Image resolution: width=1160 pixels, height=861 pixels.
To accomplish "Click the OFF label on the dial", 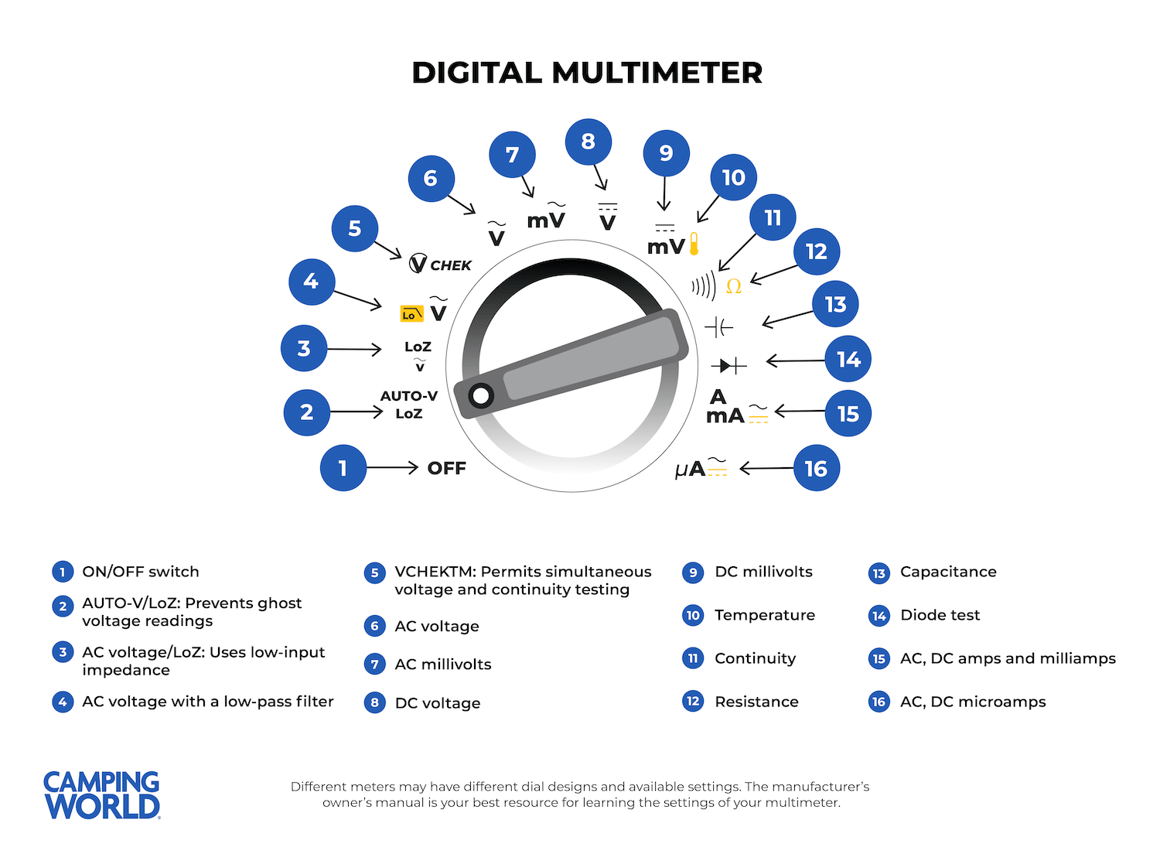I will tap(446, 468).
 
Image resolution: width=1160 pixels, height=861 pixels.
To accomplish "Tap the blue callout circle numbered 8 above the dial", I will tap(589, 142).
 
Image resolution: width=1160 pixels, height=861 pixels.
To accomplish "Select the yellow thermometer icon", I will tap(694, 244).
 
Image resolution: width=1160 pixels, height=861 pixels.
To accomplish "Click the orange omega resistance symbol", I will tap(734, 286).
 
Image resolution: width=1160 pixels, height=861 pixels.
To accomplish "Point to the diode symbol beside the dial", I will tap(728, 365).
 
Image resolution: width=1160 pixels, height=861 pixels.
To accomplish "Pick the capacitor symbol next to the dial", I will tap(718, 327).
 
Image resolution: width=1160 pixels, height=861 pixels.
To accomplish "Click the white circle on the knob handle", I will tap(481, 396).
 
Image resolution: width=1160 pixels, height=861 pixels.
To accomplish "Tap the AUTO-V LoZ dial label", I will tap(409, 405).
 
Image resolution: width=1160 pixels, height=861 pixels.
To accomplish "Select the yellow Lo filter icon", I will tap(411, 313).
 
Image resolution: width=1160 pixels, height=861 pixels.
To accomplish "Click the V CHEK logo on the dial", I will tap(440, 265).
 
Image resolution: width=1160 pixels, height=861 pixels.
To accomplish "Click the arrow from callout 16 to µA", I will tap(766, 468).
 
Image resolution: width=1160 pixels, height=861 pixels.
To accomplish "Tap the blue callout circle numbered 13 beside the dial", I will tap(835, 305).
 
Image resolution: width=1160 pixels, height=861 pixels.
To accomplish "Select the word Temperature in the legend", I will tap(764, 615).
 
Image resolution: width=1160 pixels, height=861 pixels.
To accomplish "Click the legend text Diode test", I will tap(940, 615).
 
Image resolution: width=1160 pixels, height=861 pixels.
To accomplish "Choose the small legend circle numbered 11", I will tap(693, 658).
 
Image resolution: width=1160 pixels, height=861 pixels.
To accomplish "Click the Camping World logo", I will tap(102, 794).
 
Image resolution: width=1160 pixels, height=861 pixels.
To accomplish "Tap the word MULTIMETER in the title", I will tap(657, 73).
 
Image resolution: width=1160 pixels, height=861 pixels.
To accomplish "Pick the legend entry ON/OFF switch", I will tap(141, 572).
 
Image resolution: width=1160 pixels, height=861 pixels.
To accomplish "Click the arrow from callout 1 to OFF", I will tap(392, 467).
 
